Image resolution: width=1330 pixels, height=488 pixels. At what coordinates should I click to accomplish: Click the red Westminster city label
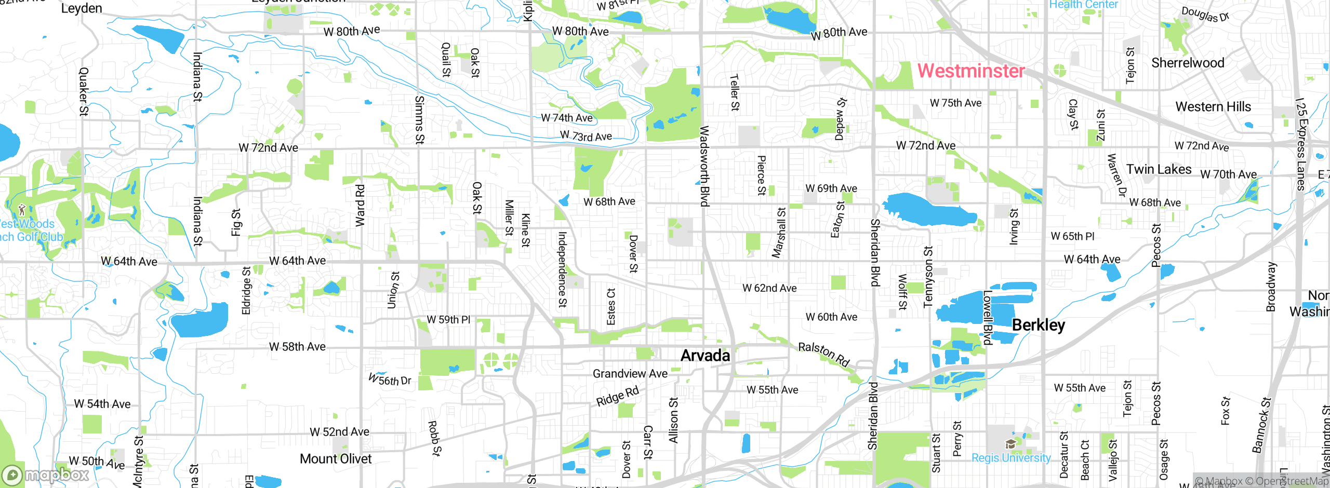[x=970, y=71]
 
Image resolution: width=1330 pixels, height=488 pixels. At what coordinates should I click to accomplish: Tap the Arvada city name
[x=705, y=356]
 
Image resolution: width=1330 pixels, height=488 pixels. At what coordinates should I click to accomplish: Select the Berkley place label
[x=1038, y=325]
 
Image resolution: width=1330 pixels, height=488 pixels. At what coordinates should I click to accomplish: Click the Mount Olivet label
[x=336, y=459]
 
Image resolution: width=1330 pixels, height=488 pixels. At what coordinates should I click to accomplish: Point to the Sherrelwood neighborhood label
[x=1188, y=63]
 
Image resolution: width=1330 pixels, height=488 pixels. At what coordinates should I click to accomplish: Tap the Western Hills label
[x=1213, y=107]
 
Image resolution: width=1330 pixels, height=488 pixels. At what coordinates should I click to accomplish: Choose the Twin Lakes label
[x=1159, y=169]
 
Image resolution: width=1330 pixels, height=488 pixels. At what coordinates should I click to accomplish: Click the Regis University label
[x=1010, y=458]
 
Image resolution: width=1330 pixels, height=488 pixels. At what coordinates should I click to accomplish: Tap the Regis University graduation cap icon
[x=1010, y=444]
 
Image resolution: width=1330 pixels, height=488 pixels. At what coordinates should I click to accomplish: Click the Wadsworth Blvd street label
[x=704, y=166]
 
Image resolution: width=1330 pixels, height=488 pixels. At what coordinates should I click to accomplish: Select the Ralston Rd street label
[x=823, y=354]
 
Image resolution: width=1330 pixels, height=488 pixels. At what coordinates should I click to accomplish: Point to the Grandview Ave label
[x=630, y=374]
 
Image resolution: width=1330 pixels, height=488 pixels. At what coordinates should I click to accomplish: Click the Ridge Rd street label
[x=617, y=396]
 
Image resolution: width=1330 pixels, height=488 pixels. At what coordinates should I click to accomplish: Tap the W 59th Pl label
[x=448, y=320]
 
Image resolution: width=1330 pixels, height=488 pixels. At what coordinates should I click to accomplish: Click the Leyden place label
[x=82, y=8]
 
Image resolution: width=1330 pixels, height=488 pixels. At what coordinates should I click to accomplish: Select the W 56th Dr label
[x=390, y=380]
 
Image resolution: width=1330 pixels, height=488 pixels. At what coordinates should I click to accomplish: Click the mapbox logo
[x=46, y=475]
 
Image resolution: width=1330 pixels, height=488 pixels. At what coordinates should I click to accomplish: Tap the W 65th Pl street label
[x=1072, y=236]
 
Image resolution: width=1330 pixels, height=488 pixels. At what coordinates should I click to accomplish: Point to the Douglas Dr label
[x=1205, y=14]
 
